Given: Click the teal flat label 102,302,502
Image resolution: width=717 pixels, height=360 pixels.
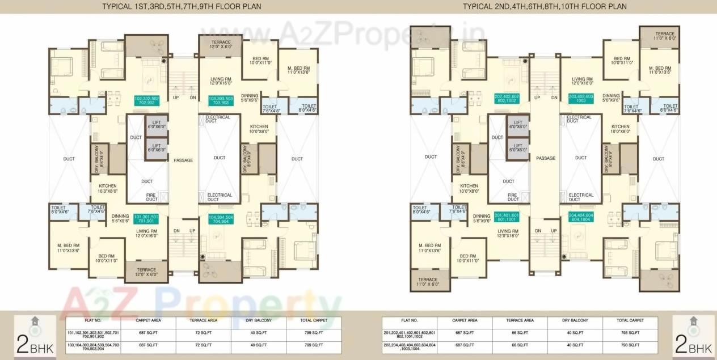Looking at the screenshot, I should tap(147, 100).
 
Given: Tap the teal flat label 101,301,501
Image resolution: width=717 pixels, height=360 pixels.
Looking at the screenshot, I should tap(147, 218).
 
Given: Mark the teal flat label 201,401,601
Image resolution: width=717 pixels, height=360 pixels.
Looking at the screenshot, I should tap(507, 218).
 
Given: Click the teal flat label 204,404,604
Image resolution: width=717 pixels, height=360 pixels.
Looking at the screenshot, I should tap(581, 218).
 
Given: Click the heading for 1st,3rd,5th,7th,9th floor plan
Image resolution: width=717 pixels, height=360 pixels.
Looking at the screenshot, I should tap(174, 7).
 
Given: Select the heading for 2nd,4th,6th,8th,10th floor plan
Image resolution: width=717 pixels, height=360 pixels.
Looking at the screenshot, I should tap(545, 7).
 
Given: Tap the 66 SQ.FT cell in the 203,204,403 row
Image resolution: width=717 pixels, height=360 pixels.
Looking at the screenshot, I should tap(520, 345).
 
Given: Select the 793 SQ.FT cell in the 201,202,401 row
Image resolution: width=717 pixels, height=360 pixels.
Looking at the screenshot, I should tap(629, 334).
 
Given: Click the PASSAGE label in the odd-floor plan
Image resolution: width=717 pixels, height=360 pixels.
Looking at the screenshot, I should tap(183, 160).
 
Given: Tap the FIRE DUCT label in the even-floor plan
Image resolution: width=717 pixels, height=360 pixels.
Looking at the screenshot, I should tap(513, 197).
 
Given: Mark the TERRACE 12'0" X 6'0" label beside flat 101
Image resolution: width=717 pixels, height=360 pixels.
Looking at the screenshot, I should tap(146, 272).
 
